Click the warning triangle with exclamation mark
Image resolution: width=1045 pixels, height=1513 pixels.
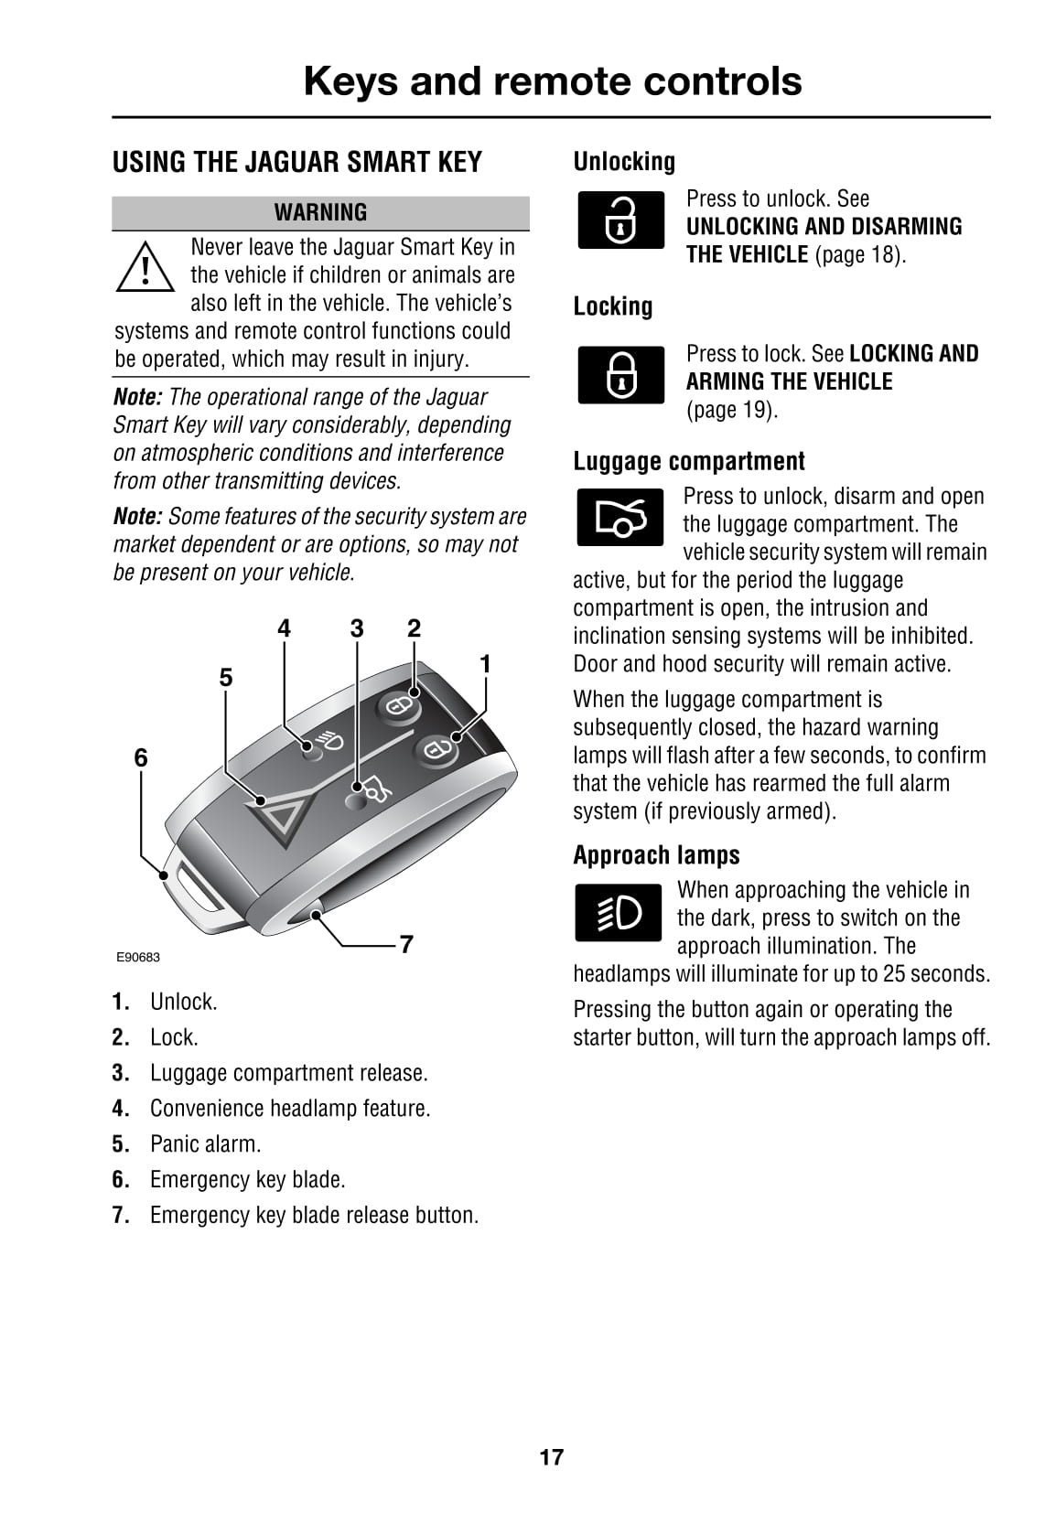(x=145, y=267)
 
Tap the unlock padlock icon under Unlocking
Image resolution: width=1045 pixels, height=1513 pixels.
(x=621, y=220)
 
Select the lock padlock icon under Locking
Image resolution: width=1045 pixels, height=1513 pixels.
(x=621, y=374)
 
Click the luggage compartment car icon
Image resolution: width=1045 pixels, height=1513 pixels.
(x=620, y=518)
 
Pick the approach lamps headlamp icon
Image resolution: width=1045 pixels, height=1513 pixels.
(x=619, y=912)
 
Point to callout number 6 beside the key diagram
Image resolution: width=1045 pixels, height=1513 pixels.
(x=141, y=757)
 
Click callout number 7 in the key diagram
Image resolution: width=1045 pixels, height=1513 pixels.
(x=406, y=943)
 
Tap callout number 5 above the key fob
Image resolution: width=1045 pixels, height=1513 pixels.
(x=226, y=677)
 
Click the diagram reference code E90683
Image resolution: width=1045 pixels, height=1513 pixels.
(x=137, y=958)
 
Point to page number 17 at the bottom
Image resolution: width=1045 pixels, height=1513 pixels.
(x=551, y=1457)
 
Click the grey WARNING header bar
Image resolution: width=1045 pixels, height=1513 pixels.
(x=320, y=212)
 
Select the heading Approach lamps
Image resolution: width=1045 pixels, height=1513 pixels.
(x=656, y=855)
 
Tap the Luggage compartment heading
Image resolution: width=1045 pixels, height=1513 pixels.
(x=689, y=461)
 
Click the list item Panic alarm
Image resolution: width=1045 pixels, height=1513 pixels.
(x=205, y=1143)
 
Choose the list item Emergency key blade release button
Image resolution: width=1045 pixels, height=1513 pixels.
(x=314, y=1215)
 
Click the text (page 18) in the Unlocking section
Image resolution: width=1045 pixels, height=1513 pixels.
(x=859, y=254)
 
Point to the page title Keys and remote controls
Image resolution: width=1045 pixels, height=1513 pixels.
(x=552, y=80)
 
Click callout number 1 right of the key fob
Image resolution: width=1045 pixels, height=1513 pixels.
(x=485, y=663)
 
